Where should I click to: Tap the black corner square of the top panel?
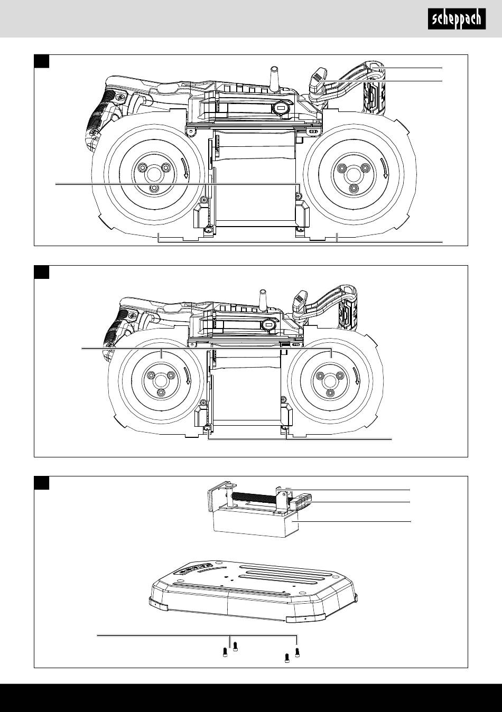pyautogui.click(x=42, y=61)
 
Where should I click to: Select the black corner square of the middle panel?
pyautogui.click(x=42, y=273)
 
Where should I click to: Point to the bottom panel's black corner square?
pyautogui.click(x=42, y=483)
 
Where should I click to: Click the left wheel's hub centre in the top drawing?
pyautogui.click(x=154, y=173)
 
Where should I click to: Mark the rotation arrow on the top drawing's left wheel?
pyautogui.click(x=183, y=168)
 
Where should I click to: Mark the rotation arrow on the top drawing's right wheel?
pyautogui.click(x=384, y=168)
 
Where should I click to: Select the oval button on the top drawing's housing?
pyautogui.click(x=281, y=109)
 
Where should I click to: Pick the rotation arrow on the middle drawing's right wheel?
pyautogui.click(x=358, y=376)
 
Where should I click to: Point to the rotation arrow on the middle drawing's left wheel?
pyautogui.click(x=188, y=376)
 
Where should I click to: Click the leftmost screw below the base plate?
pyautogui.click(x=226, y=653)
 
